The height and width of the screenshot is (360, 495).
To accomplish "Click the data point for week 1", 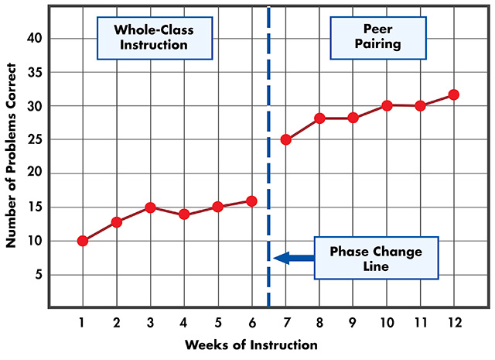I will pos(83,241).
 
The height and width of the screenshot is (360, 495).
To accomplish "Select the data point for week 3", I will pos(150,207).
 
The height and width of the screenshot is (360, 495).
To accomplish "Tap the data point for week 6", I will pos(251,201).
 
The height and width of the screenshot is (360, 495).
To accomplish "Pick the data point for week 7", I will pos(285,140).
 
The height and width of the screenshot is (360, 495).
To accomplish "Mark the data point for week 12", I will pos(454,94).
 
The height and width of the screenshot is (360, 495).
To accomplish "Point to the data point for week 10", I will pos(387,105).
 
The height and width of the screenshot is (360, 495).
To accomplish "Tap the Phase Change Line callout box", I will pos(376,259).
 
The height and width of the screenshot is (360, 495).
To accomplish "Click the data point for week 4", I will pos(184,214).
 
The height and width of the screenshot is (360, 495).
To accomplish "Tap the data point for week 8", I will pos(319,118).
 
